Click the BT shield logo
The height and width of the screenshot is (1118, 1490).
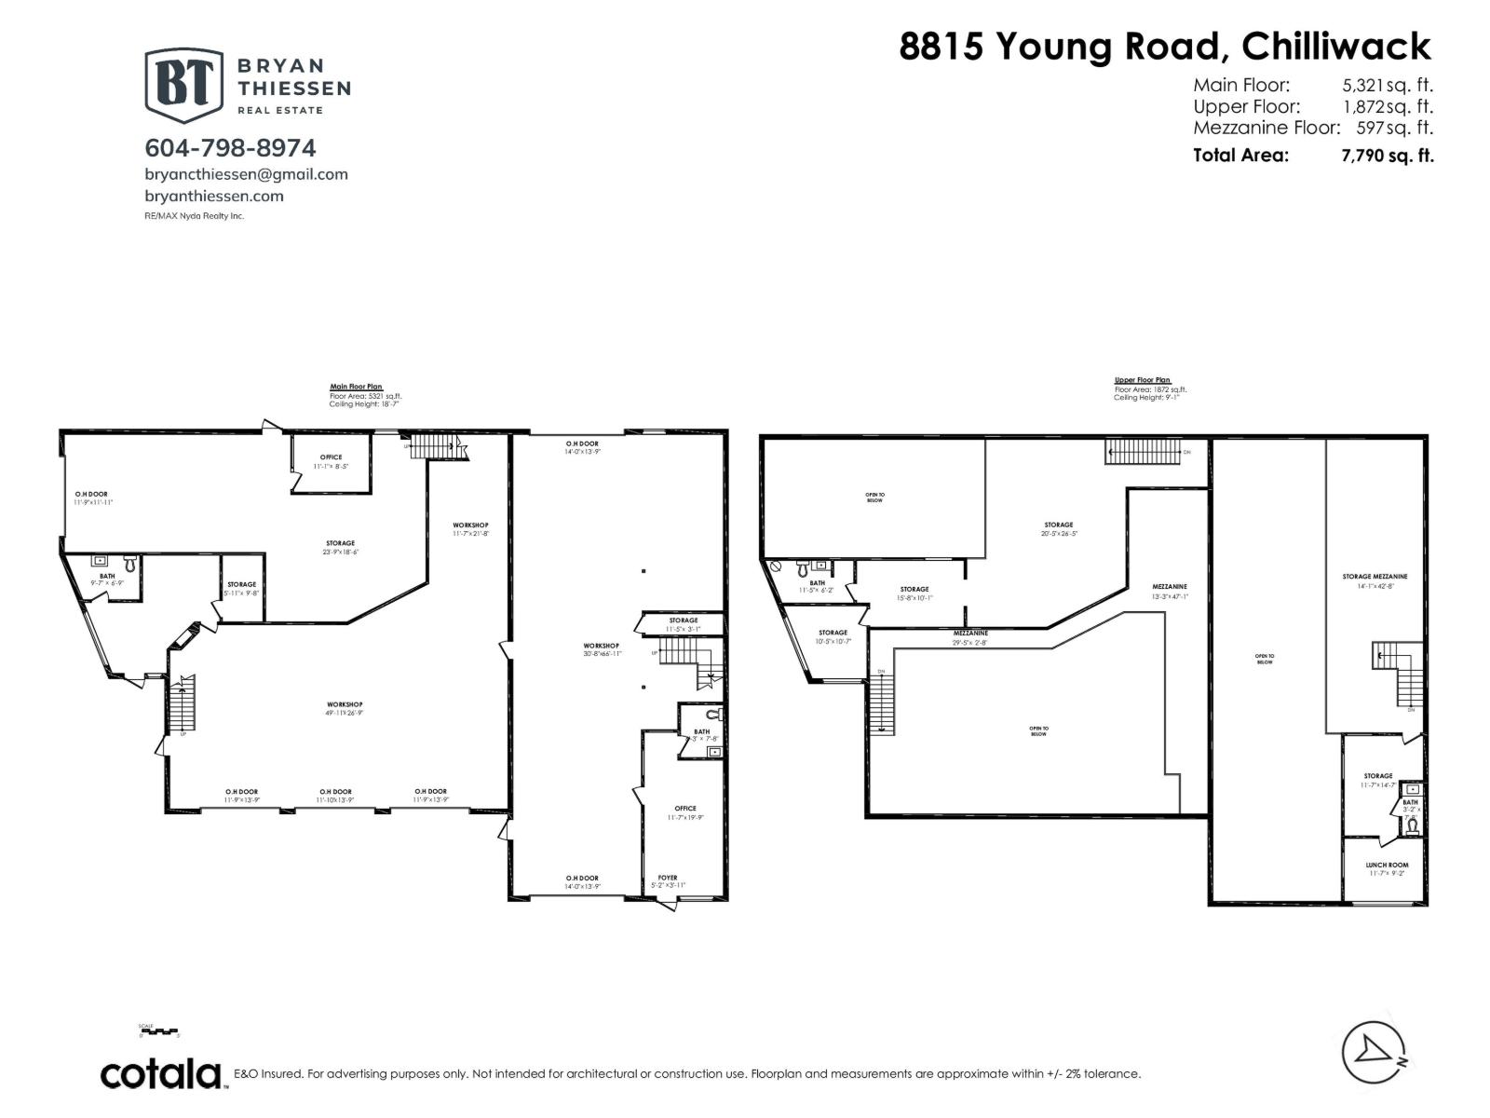183,85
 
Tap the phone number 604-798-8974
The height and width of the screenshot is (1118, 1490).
230,148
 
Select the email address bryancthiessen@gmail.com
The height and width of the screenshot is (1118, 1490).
246,174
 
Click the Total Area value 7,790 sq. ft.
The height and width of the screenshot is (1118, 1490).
1387,156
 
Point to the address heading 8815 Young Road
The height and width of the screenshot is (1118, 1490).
1164,46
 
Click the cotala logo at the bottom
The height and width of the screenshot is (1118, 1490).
161,1073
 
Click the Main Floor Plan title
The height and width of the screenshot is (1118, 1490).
356,387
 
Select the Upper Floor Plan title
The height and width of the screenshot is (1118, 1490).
1142,380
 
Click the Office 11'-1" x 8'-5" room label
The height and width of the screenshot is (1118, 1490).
331,461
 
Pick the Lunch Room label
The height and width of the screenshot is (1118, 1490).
1387,868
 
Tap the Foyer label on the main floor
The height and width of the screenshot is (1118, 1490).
667,881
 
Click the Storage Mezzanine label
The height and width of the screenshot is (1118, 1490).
1375,580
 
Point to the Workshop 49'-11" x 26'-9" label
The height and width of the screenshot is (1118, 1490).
345,708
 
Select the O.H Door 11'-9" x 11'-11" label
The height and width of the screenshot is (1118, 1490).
93,498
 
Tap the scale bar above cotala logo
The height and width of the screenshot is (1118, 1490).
158,1032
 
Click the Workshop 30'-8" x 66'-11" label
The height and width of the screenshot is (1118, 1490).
601,649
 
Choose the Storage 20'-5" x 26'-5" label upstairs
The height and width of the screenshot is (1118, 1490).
1058,529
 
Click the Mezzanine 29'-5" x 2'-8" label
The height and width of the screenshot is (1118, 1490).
969,637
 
